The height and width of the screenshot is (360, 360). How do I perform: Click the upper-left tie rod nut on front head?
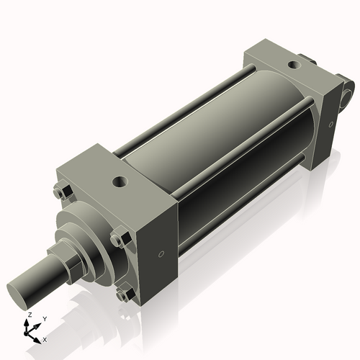(x=62, y=192)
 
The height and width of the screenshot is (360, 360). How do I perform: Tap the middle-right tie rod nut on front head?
(x=117, y=240)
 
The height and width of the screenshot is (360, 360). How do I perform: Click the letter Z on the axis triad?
(x=28, y=316)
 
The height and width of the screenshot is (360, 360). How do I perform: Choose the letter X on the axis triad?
(x=45, y=338)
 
